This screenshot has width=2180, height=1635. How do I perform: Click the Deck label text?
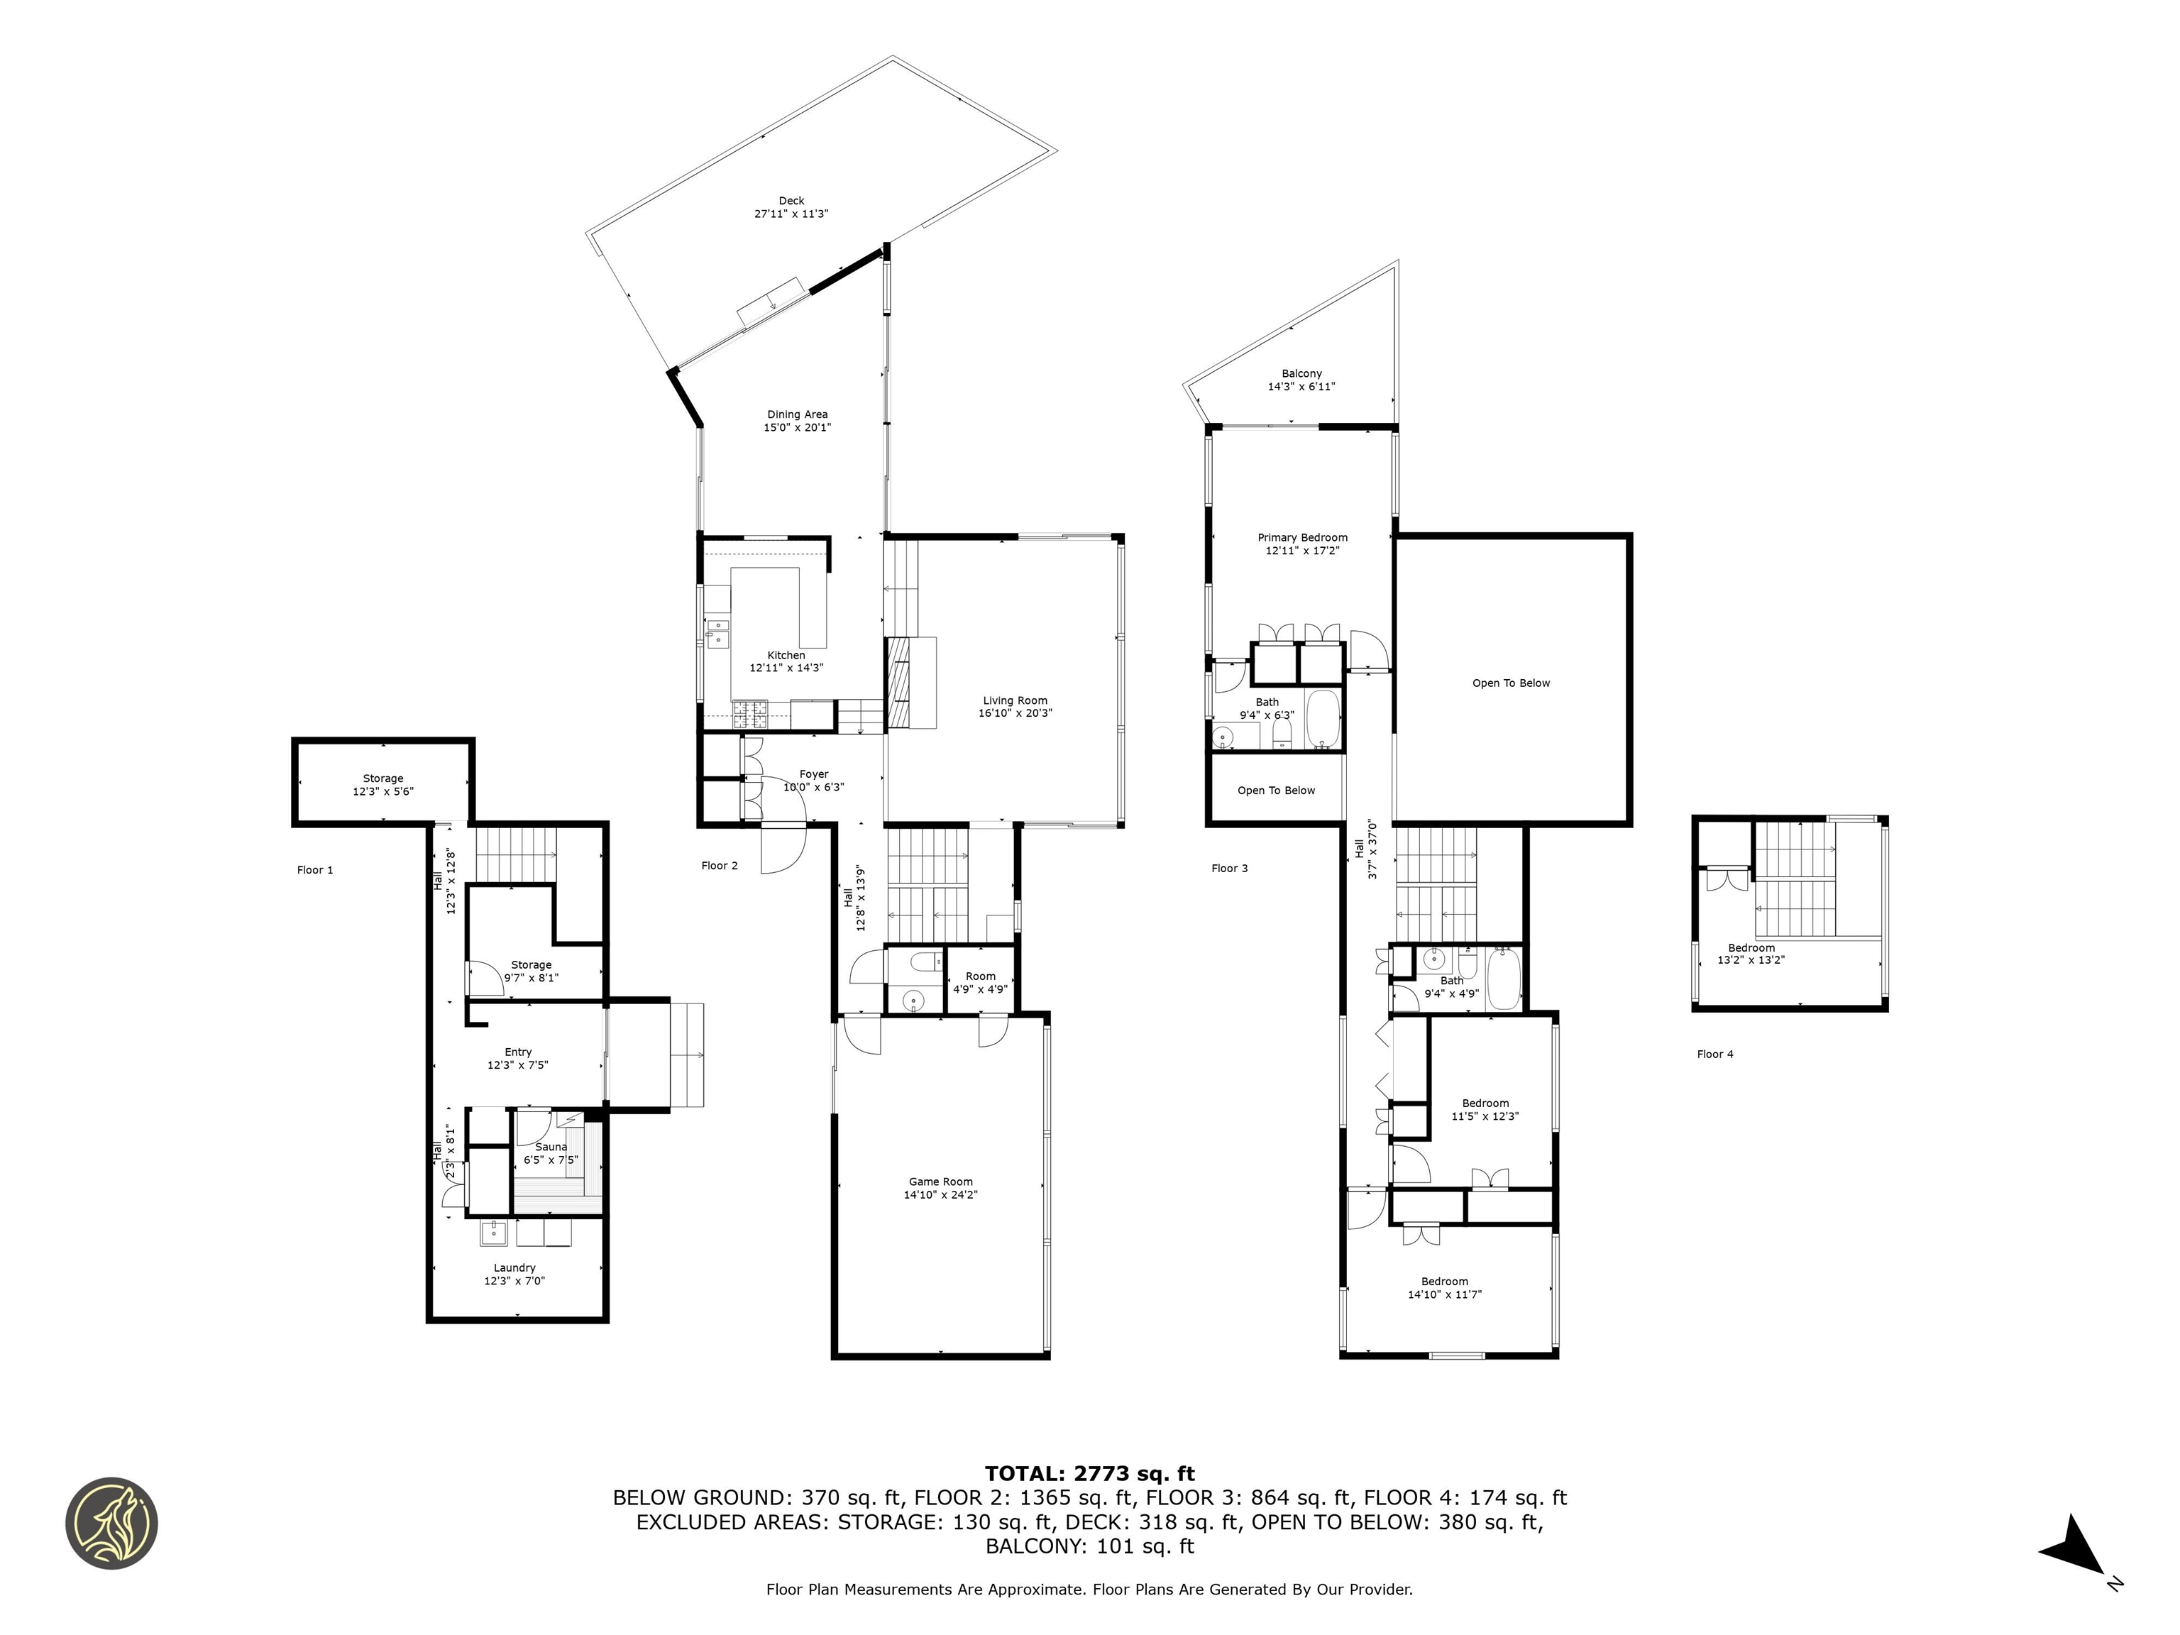coord(791,201)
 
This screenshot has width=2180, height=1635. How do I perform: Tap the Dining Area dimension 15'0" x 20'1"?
coord(798,428)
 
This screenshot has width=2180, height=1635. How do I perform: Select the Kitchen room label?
coord(786,656)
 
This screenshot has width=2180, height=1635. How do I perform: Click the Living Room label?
coord(1014,700)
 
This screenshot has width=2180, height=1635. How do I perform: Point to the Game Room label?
coord(940,1182)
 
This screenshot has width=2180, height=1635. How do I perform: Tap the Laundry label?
coord(514,1268)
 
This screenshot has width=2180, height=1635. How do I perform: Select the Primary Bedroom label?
coord(1302,538)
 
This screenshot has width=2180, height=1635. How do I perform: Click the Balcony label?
coord(1301,373)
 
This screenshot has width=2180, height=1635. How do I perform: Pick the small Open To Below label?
coord(1275,791)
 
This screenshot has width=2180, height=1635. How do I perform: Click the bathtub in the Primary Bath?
coord(1323,720)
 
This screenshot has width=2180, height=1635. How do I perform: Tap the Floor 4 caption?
coord(1714,1055)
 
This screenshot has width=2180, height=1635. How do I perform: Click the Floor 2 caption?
coord(720,865)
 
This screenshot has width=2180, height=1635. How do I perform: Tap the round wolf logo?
coord(112,1523)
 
